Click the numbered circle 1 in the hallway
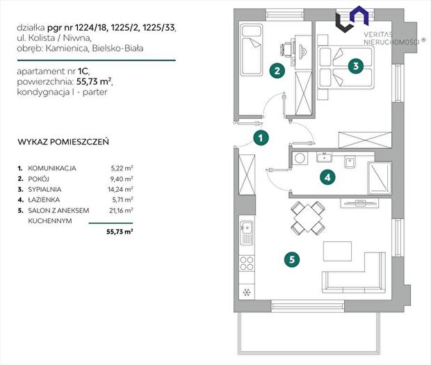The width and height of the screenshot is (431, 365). click(x=261, y=138)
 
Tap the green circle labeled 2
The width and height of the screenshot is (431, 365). click(x=277, y=71)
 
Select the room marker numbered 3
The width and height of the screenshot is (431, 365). click(x=356, y=66)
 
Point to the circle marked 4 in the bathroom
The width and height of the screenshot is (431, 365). click(x=327, y=177)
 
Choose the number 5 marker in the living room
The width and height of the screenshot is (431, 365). click(x=292, y=259)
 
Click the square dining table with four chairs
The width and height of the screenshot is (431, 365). click(x=308, y=218)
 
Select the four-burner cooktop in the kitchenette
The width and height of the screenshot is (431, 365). click(x=247, y=263)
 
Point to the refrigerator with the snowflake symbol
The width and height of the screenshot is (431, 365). click(x=247, y=291)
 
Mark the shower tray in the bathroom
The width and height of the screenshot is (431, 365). click(x=380, y=178)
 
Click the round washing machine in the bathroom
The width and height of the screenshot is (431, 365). click(x=300, y=159)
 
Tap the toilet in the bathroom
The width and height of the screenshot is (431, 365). click(x=350, y=162)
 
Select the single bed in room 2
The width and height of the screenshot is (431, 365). click(x=252, y=50)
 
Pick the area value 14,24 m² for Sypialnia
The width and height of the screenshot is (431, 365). click(x=120, y=189)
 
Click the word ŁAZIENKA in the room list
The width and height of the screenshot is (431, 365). click(x=44, y=200)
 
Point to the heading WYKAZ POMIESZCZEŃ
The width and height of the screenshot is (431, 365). click(x=63, y=142)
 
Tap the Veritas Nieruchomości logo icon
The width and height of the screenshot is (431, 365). click(x=352, y=19)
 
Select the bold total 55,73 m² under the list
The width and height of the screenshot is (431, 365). click(x=120, y=232)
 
